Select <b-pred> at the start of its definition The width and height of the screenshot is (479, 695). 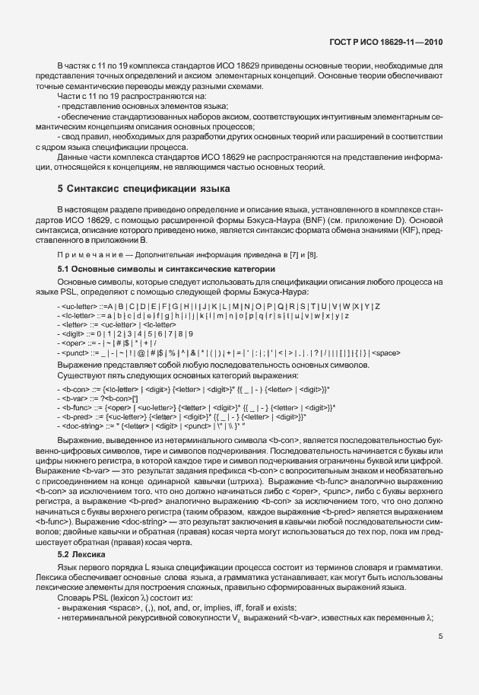tap(78, 416)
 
